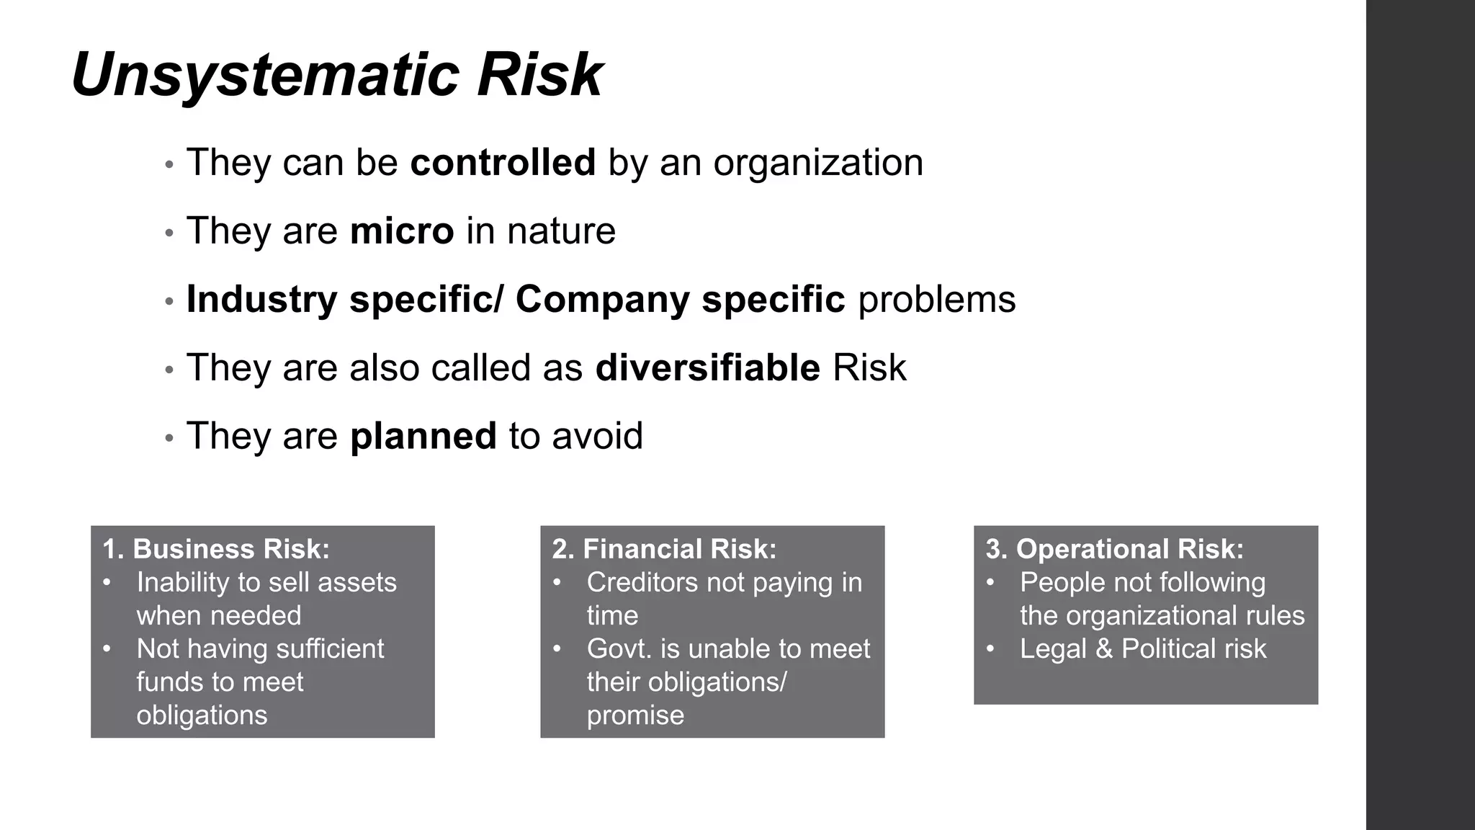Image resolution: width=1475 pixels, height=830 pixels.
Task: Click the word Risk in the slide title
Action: [539, 75]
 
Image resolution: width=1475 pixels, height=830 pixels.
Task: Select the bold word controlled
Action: [503, 162]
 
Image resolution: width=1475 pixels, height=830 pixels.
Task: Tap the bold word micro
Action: [402, 231]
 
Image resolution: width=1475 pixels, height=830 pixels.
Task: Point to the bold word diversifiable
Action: [707, 367]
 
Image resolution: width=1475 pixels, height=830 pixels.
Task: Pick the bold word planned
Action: [423, 436]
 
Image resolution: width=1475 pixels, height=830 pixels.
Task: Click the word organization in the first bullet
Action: [818, 163]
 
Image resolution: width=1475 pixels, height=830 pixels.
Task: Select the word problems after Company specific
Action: [936, 299]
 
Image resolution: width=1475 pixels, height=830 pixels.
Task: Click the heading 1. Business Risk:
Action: [216, 549]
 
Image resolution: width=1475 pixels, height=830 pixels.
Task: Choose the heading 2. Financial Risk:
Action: [664, 549]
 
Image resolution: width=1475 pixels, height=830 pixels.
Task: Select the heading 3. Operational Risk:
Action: [1114, 549]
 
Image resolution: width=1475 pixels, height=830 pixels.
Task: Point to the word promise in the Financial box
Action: [635, 715]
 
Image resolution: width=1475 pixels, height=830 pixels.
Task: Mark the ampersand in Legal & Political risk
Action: [1104, 648]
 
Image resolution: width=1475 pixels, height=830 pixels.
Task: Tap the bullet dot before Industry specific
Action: [169, 301]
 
